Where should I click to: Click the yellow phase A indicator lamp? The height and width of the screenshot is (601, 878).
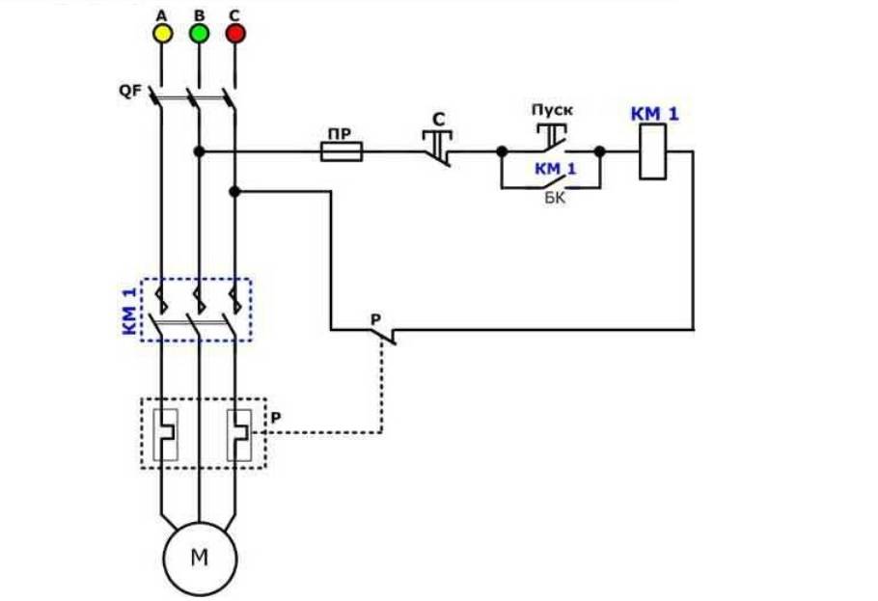pos(162,34)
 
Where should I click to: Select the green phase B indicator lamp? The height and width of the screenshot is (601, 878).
pos(199,34)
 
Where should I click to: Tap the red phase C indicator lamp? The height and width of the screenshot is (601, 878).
pos(235,34)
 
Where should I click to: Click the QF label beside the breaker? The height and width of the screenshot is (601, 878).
pos(130,93)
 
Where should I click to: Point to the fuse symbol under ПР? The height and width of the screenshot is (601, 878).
pos(342,151)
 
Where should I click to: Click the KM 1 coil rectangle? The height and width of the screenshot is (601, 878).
pos(655,152)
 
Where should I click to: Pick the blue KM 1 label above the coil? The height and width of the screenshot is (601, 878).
pos(655,114)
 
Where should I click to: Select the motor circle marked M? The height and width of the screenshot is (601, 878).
pos(199,559)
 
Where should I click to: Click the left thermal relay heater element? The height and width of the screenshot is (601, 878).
pos(165,433)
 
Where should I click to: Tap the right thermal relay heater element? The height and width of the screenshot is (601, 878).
pos(238,433)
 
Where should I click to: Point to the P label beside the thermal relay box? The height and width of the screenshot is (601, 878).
pos(277,417)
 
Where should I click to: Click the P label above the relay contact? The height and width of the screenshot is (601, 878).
pos(376,318)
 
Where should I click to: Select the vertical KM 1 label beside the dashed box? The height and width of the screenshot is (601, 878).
pos(129,310)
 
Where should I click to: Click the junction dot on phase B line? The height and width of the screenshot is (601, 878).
pos(199,151)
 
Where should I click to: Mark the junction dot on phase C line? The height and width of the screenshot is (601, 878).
pos(234,192)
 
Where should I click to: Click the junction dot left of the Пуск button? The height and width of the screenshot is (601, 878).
pos(502,151)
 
